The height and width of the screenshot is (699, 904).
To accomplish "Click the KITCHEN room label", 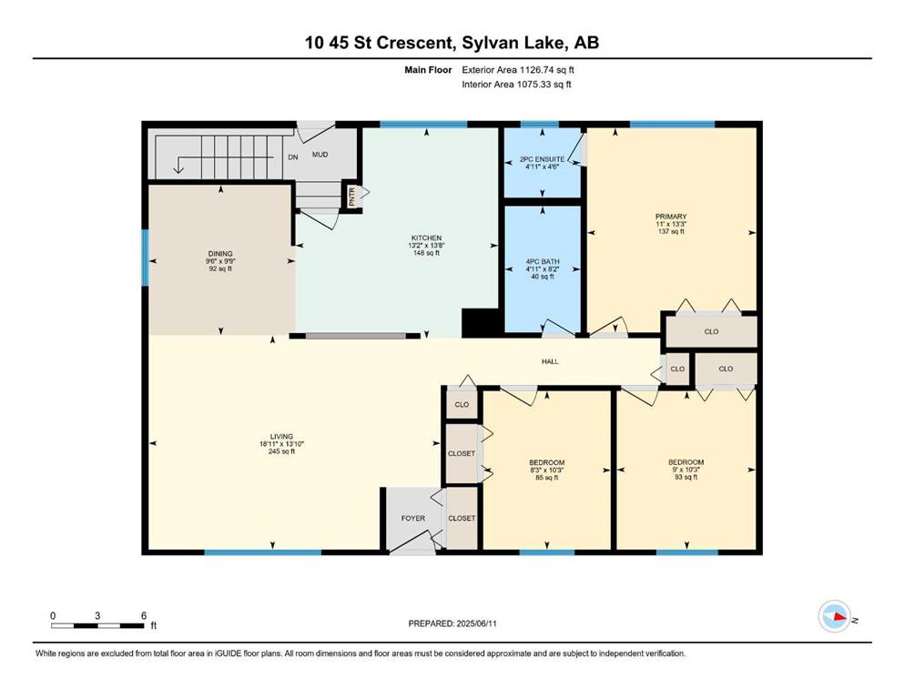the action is point(426,238).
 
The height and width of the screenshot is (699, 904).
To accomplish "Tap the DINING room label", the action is point(220,254).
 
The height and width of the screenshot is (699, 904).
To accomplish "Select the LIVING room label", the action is point(281,437).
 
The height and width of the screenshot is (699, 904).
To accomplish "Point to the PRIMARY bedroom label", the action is point(671,217).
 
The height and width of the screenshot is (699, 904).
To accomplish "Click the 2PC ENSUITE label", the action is point(542,159).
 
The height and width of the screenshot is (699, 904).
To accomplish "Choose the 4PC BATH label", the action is point(542,261).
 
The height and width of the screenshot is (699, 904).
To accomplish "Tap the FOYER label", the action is point(412,519).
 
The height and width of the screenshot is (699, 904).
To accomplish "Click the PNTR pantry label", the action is point(352,197).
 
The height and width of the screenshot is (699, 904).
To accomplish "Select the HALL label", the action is point(550,362).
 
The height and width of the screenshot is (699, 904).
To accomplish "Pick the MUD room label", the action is point(320,155).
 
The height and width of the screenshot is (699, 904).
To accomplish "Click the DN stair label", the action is point(293,157).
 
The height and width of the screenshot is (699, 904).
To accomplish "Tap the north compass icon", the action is point(835,616).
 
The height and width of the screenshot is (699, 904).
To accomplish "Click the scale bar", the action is point(97,625).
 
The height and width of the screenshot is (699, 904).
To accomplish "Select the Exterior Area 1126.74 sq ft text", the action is point(518,70).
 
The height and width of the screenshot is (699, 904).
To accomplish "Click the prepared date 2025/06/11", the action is point(476,623).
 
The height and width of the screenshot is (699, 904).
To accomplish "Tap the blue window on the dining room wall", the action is point(146,258).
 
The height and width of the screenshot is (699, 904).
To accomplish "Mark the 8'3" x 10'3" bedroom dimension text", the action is point(546,470).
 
